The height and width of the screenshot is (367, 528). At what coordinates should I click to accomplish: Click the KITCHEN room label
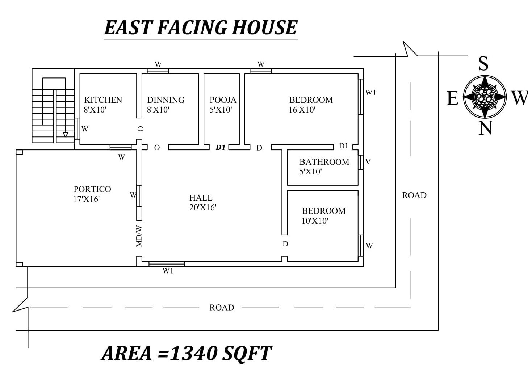pos(103,100)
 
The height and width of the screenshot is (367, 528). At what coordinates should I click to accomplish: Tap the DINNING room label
pos(166,100)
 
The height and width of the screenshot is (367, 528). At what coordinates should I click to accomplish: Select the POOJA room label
pos(223,100)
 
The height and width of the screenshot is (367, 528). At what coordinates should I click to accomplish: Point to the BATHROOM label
pos(324,162)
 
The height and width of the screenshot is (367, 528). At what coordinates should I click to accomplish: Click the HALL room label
pos(201,198)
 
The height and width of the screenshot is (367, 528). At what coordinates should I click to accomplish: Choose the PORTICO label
pos(92,189)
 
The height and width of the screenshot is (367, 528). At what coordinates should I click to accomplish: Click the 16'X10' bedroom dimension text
pos(302,110)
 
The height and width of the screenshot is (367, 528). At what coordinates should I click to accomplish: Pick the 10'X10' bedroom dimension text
pos(315,221)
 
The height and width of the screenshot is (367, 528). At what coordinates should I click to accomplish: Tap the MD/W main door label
pos(139,236)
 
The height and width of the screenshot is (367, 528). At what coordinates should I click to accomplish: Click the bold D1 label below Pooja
pos(221,148)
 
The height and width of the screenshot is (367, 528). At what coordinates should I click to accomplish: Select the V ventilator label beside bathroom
pos(368,162)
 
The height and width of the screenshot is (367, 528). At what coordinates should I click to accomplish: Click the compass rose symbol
pos(485,97)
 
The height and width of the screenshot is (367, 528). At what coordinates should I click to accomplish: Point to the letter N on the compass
pos(486,128)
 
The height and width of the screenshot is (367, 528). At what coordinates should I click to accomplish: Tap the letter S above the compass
pos(483,63)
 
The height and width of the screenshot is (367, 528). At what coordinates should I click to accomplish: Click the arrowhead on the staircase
pos(66,135)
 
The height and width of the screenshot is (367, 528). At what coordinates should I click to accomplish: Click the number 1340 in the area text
pos(193,353)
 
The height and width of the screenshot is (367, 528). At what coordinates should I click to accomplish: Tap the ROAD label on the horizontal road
pos(222,308)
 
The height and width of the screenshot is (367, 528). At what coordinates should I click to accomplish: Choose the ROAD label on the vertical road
pos(414,195)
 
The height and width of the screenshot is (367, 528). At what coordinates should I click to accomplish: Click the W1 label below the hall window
pos(168,271)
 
